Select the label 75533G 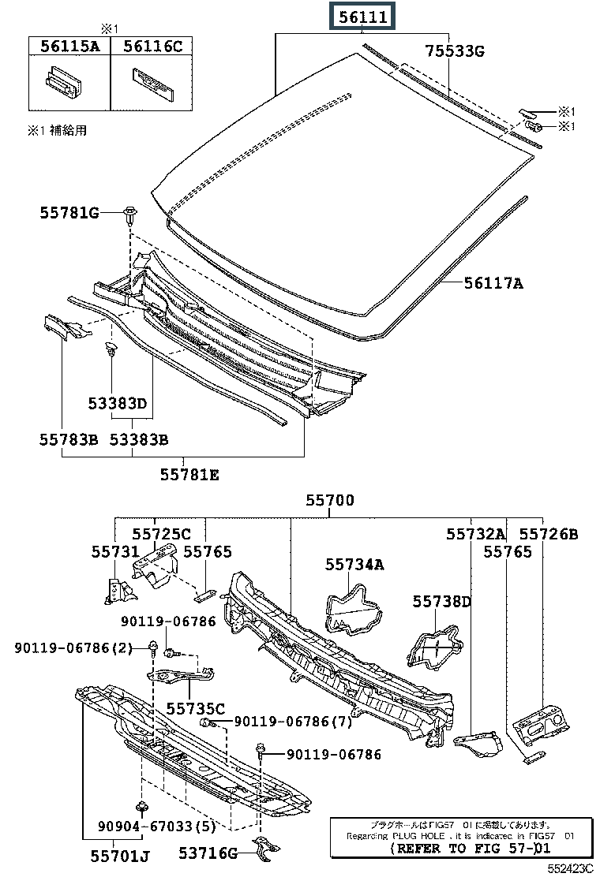455,52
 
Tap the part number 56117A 493,282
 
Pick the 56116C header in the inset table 153,47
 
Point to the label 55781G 70,212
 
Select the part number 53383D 118,404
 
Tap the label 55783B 69,438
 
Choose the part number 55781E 189,475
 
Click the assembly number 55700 330,501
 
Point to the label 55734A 354,564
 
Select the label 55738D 441,602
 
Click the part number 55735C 196,707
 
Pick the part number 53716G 208,852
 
